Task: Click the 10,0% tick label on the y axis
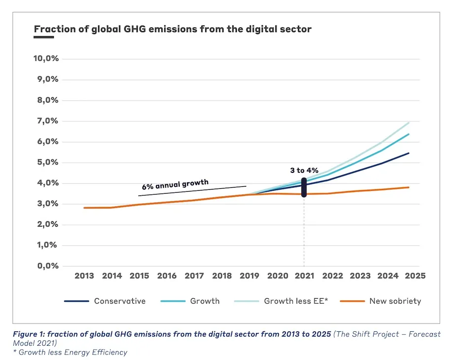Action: tap(46, 59)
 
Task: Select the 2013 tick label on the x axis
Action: tap(84, 276)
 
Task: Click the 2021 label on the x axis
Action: tap(304, 276)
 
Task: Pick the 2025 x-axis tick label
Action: tap(415, 276)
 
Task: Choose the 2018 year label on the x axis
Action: tap(222, 276)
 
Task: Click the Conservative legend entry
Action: tap(120, 301)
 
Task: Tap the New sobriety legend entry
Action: tap(395, 301)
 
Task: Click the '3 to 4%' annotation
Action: tap(304, 170)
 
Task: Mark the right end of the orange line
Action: tap(409, 187)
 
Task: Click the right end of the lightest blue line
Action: tap(409, 122)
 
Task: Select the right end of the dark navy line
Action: tap(409, 153)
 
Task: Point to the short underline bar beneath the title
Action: tap(43, 37)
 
